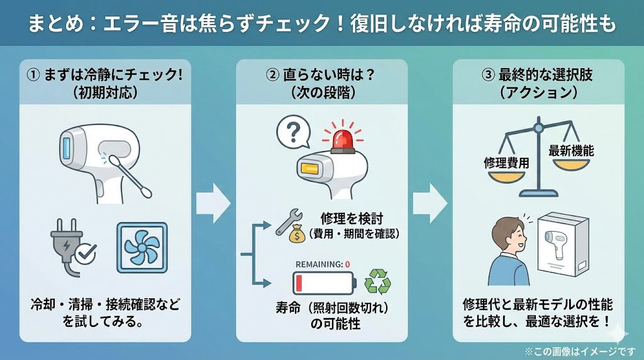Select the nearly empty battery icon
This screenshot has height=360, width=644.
point(321,283)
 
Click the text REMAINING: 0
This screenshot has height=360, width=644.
point(322,264)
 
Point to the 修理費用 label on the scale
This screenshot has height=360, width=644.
point(506,162)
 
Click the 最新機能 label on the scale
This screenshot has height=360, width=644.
point(570,151)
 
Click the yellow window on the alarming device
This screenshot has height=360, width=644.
point(311,168)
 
